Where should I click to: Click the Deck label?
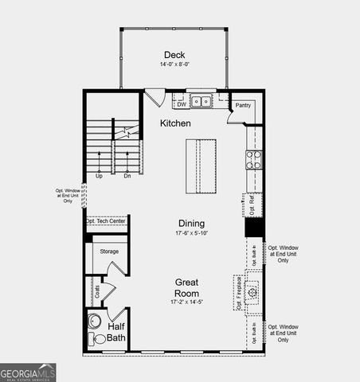[174, 54]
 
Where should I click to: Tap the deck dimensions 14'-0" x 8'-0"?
[174, 64]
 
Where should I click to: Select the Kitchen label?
[175, 123]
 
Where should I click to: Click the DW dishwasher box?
[182, 103]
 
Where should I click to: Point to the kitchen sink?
[205, 102]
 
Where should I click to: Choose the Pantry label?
[242, 104]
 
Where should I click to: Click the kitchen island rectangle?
[202, 166]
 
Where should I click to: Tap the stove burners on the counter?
[253, 159]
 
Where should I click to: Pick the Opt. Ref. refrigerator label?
[252, 205]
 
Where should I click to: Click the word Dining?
[191, 224]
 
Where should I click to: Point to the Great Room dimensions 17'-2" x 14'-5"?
[187, 302]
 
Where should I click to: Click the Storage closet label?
[109, 251]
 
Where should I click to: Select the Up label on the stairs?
[99, 176]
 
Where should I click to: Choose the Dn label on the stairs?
[127, 176]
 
